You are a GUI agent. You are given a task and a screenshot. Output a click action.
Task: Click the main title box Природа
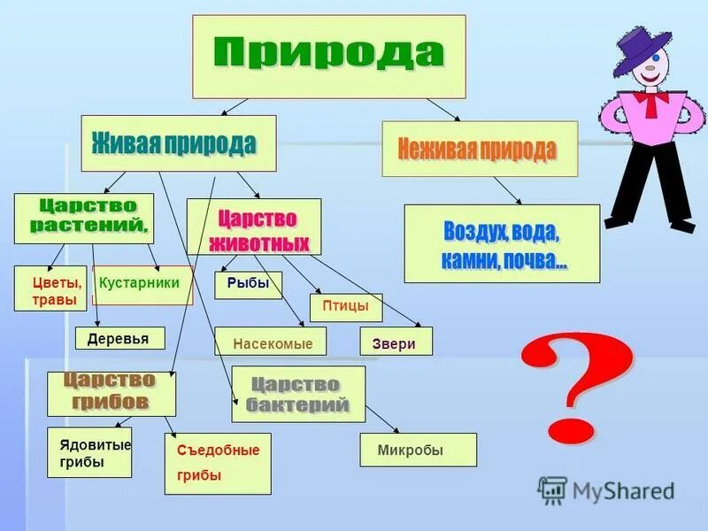pos(329,56)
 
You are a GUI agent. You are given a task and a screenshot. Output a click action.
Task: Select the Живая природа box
pos(178,142)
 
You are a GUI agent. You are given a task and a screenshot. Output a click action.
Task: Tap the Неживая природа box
pos(479,149)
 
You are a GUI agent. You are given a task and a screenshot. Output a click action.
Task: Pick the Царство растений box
pos(83,218)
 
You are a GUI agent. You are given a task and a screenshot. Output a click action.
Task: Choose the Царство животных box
pos(254,227)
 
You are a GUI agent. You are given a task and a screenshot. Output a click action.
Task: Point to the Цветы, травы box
pos(50,289)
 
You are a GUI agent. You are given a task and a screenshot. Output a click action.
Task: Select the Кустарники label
pos(142,284)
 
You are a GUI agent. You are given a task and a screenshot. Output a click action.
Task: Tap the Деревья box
pos(119,338)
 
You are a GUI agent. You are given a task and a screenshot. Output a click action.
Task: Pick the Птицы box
pos(345,307)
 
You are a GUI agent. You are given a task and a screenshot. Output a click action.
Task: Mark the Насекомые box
pos(270,342)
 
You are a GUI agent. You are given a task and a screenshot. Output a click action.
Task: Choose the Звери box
pos(396,342)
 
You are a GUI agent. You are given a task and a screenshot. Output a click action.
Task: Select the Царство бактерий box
pos(298,394)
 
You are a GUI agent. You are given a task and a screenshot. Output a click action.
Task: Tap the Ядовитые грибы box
pos(89,452)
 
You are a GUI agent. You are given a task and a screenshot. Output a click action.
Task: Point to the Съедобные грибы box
pos(218,463)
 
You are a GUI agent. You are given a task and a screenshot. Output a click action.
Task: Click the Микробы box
pos(418,450)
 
